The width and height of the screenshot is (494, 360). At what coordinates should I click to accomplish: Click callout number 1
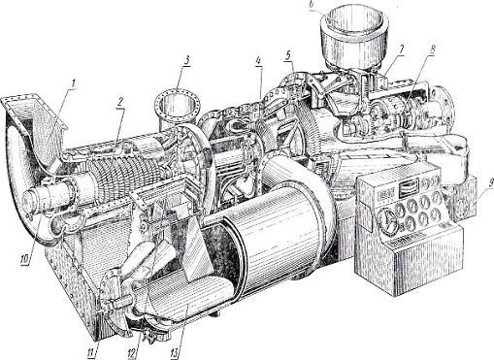pyautogui.click(x=74, y=83)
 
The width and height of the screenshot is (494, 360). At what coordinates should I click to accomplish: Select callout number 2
pyautogui.click(x=120, y=102)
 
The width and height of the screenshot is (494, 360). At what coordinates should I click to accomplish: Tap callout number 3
pyautogui.click(x=186, y=61)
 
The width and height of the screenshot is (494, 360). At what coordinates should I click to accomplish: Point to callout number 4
pyautogui.click(x=258, y=61)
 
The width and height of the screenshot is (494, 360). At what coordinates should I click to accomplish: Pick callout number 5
pyautogui.click(x=288, y=55)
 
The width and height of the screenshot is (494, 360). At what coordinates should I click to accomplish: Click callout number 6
pyautogui.click(x=312, y=7)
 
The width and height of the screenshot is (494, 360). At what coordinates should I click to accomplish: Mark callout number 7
pyautogui.click(x=402, y=51)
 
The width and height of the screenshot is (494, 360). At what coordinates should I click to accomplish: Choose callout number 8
pyautogui.click(x=432, y=49)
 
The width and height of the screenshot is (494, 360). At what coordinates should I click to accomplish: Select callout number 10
pyautogui.click(x=25, y=260)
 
